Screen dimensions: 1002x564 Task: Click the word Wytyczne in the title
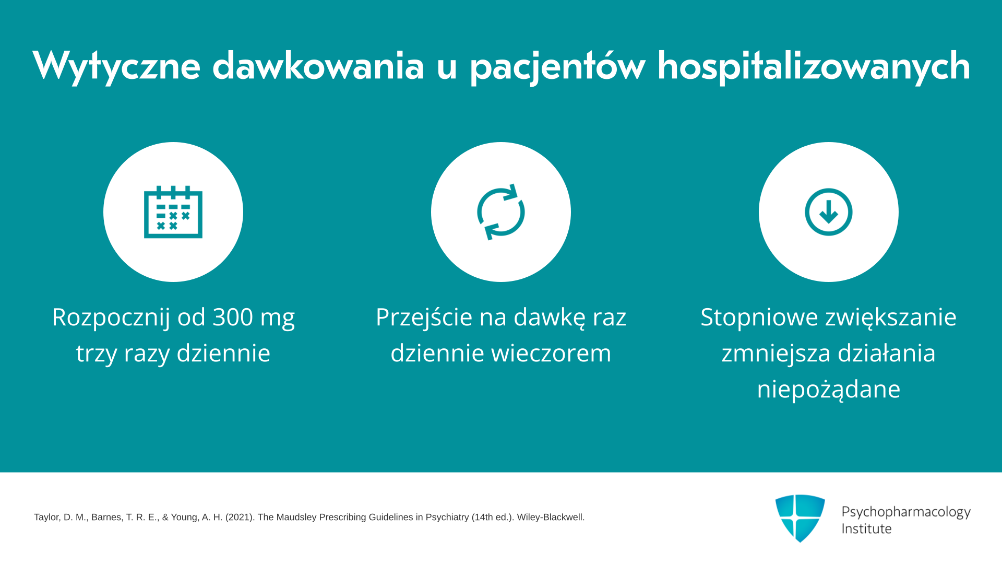[116, 66]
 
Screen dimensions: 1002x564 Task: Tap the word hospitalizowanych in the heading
[814, 66]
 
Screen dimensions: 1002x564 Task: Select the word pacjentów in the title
[557, 66]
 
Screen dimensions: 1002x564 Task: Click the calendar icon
[173, 211]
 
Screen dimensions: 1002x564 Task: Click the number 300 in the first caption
[233, 317]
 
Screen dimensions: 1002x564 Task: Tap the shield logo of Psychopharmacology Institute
[800, 518]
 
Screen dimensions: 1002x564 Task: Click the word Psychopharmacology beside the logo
[906, 512]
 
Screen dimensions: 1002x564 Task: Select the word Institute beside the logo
[866, 529]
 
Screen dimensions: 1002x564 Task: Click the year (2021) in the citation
[240, 518]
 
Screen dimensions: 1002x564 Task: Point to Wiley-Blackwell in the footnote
[551, 518]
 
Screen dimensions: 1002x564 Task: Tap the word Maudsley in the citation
[296, 518]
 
